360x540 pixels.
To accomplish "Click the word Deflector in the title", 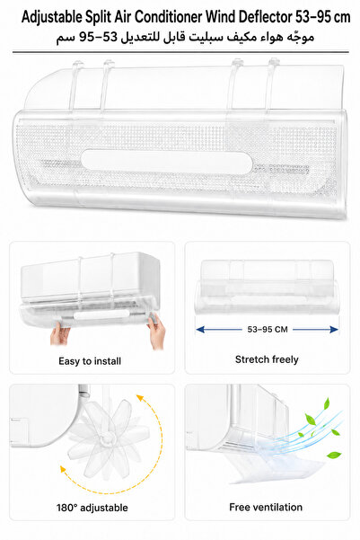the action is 264,17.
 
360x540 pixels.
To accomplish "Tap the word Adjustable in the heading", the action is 52,18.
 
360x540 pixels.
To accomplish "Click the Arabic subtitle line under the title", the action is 185,37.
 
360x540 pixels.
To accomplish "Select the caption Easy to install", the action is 90,361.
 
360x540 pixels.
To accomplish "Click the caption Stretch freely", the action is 267,359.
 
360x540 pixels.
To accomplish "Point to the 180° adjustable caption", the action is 92,508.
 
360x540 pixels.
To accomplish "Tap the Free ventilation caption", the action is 266,507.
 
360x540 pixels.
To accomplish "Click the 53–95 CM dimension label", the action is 268,330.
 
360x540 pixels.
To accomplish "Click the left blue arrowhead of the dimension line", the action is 200,330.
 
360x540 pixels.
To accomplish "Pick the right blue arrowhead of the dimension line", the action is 334,330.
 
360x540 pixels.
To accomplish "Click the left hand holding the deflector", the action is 60,333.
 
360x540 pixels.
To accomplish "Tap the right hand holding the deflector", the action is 157,330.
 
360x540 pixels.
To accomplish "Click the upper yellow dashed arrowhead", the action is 140,398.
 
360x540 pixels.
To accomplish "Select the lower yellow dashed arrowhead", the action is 63,470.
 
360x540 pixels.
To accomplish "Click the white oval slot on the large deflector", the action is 167,161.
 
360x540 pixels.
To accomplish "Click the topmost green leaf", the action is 326,403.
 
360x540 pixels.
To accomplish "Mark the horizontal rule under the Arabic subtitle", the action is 180,52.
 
